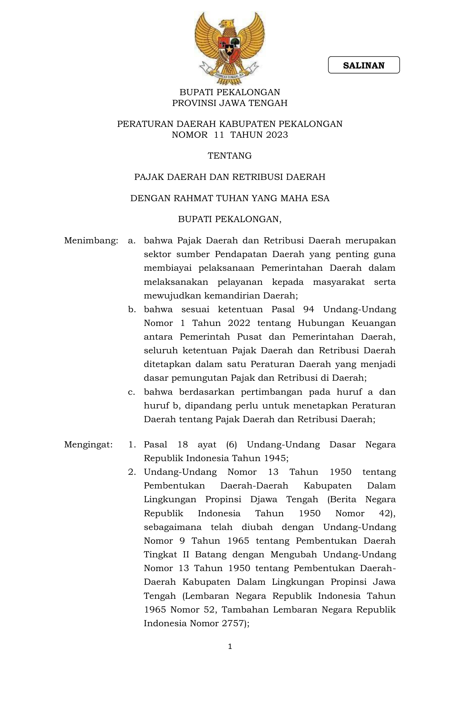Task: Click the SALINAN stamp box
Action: click(x=364, y=65)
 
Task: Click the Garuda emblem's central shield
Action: click(x=229, y=48)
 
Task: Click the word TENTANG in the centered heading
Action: click(x=229, y=156)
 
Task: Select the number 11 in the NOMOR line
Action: click(x=219, y=135)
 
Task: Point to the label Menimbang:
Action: click(x=91, y=240)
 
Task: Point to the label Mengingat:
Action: click(x=88, y=445)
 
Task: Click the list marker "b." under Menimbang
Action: click(x=132, y=309)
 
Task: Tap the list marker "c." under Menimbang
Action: click(x=132, y=392)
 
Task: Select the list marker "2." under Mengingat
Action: click(x=132, y=472)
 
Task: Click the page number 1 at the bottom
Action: click(x=230, y=646)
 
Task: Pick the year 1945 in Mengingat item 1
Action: click(x=275, y=458)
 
